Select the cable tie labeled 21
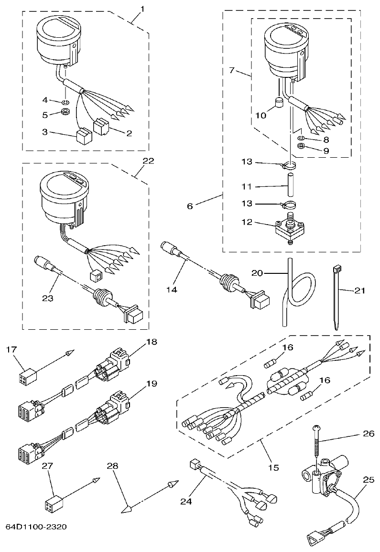pos(336,296)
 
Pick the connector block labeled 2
pos(102,126)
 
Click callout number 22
pos(148,161)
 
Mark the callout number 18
pos(152,342)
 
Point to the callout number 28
pos(113,465)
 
